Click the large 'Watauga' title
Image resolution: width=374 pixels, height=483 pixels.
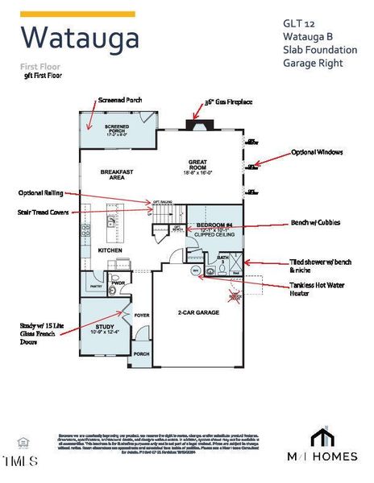click(79, 37)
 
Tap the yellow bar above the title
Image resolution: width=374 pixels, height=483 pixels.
click(77, 14)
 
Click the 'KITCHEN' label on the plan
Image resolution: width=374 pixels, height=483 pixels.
click(110, 250)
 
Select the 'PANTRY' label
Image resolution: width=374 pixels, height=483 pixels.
click(95, 285)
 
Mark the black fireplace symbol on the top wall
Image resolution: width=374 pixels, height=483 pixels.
click(195, 124)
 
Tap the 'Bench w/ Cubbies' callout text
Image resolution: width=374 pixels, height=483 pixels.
click(316, 223)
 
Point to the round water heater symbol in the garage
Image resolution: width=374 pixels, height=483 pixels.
click(195, 271)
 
